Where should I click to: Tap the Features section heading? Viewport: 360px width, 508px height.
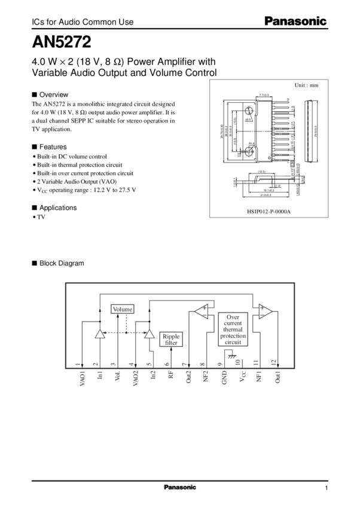point(53,146)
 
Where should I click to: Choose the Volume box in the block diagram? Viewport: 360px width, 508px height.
point(122,309)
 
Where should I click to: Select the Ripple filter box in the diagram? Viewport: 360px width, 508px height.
point(170,338)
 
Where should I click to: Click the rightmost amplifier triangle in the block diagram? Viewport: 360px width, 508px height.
point(263,310)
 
